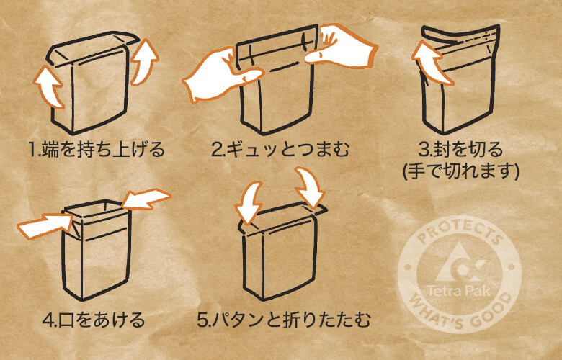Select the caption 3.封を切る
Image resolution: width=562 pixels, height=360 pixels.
tap(462, 150)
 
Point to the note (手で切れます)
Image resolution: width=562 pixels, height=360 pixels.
tap(462, 171)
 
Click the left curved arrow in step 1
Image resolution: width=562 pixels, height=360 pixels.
tap(50, 86)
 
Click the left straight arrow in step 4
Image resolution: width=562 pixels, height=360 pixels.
tap(44, 225)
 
